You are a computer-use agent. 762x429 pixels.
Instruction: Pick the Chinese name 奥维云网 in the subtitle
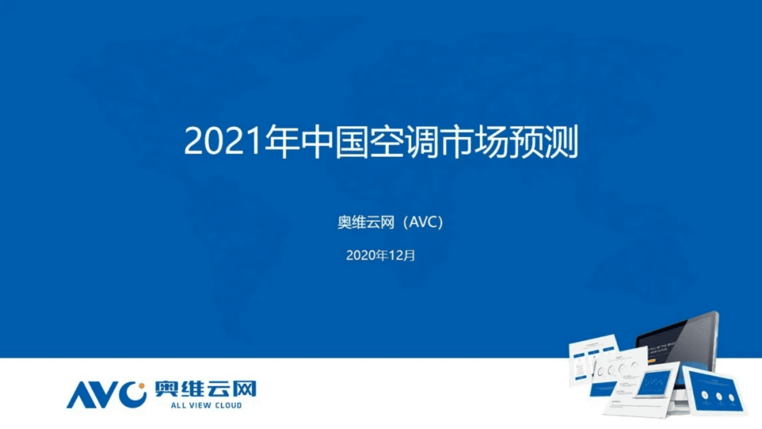point(366,223)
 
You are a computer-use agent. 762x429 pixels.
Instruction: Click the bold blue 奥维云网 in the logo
point(205,390)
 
